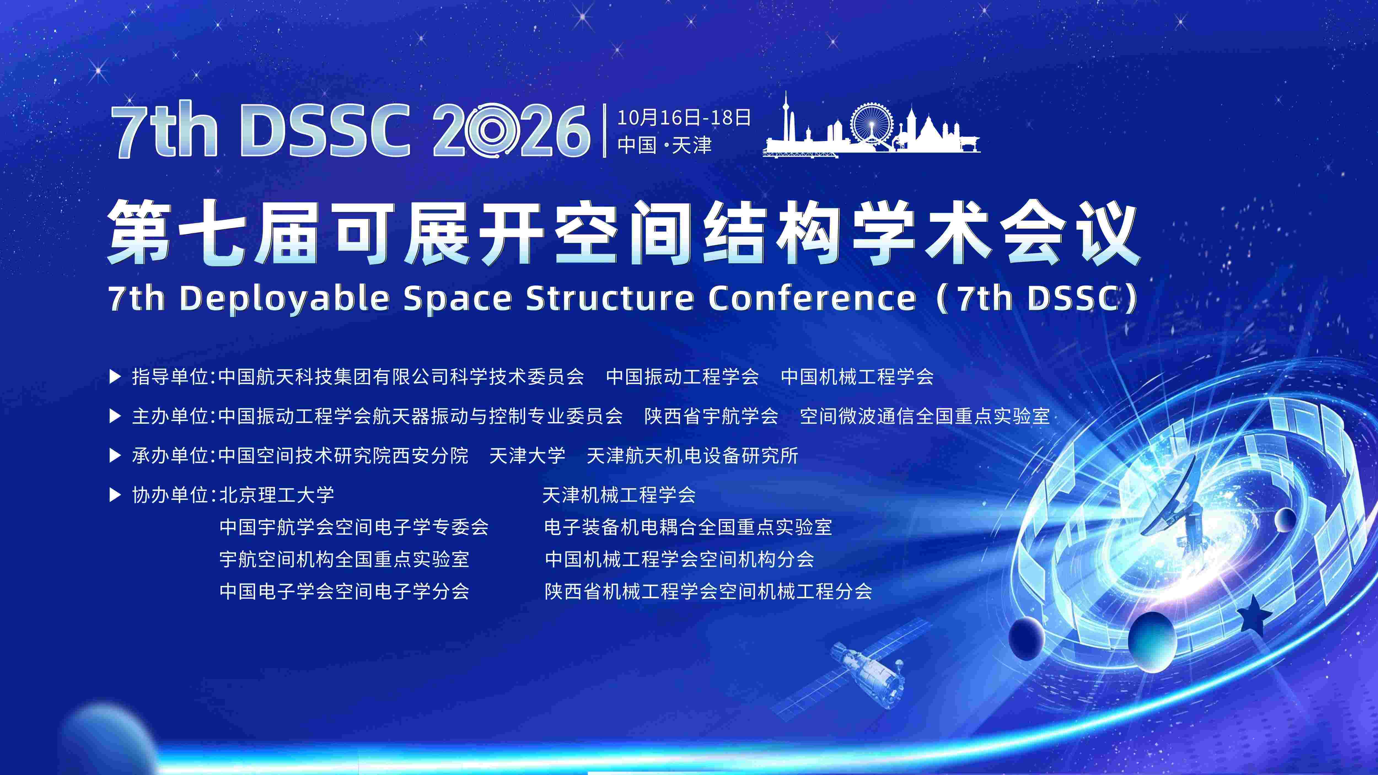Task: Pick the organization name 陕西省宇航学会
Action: click(711, 416)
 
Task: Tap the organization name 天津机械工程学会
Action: click(619, 495)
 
